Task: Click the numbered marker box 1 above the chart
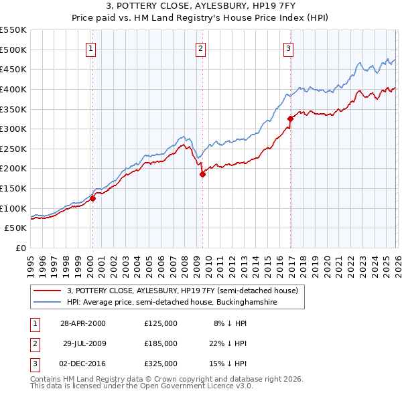pyautogui.click(x=90, y=48)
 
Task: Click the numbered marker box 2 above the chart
pyautogui.click(x=200, y=48)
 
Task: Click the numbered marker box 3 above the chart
pyautogui.click(x=288, y=48)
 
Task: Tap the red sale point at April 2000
pyautogui.click(x=93, y=198)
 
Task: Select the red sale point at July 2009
pyautogui.click(x=202, y=174)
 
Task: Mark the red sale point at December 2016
pyautogui.click(x=290, y=118)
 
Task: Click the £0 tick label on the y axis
pyautogui.click(x=21, y=248)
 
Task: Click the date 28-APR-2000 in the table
pyautogui.click(x=82, y=323)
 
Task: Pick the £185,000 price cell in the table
pyautogui.click(x=161, y=343)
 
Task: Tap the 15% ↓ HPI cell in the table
pyautogui.click(x=230, y=364)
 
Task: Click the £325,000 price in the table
pyautogui.click(x=161, y=364)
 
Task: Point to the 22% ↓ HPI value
pyautogui.click(x=230, y=343)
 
